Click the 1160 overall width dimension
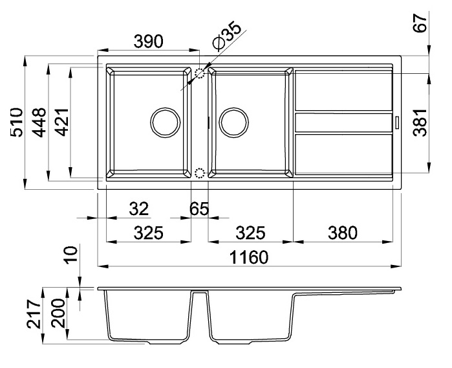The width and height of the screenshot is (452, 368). tap(249, 257)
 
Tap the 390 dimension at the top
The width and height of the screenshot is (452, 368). tap(149, 41)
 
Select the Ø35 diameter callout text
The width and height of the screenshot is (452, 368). tap(226, 34)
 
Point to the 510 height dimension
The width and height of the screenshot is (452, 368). tap(16, 122)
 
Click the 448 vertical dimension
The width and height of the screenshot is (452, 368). tap(39, 122)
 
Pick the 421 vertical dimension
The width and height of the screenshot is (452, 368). tap(62, 122)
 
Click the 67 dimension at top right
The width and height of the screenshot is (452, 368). tap(420, 23)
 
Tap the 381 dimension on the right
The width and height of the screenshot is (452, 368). tap(420, 122)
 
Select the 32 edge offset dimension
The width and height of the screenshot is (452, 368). tap(138, 209)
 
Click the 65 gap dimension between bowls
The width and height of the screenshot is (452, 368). tap(199, 209)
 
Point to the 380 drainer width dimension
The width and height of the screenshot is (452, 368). tap(343, 233)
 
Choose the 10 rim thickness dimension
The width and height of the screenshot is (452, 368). tap(71, 254)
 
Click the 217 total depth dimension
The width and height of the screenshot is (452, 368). tap(34, 314)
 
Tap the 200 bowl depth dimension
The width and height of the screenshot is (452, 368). tap(58, 313)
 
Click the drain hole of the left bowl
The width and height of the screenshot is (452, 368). tap(165, 122)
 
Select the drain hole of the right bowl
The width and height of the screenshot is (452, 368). tap(234, 122)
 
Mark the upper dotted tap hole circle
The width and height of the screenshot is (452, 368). tap(200, 73)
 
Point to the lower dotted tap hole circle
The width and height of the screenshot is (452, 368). tap(199, 174)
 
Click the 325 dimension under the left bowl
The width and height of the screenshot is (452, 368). tap(149, 233)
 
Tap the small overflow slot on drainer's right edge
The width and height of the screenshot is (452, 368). tap(397, 122)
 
